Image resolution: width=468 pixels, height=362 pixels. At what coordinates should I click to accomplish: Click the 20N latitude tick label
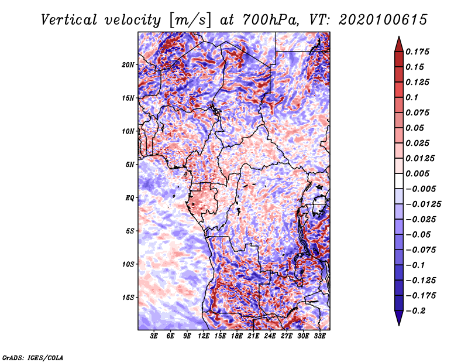click(128, 64)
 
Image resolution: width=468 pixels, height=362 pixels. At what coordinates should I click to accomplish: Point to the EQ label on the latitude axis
click(130, 197)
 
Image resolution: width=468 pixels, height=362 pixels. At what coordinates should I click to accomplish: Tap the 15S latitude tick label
click(128, 297)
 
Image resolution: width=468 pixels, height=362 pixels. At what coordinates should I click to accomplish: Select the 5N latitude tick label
click(130, 164)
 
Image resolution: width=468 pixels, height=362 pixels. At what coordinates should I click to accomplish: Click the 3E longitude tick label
click(154, 337)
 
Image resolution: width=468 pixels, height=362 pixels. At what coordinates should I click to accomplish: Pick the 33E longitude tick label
click(319, 337)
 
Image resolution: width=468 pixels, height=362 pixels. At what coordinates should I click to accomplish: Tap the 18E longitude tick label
click(237, 337)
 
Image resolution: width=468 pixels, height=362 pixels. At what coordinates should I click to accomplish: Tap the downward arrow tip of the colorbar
click(398, 324)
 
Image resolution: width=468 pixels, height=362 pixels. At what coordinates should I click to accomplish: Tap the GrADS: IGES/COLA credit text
click(33, 357)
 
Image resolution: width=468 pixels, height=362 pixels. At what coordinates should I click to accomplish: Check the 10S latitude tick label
click(128, 264)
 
